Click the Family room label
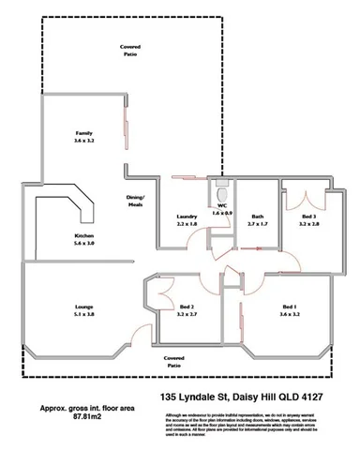[84, 134]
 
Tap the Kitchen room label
[83, 233]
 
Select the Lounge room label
[84, 307]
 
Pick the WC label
[222, 205]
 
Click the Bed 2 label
[187, 307]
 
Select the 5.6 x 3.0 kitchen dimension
[83, 243]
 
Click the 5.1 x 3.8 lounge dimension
[84, 316]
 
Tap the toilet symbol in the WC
[223, 185]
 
